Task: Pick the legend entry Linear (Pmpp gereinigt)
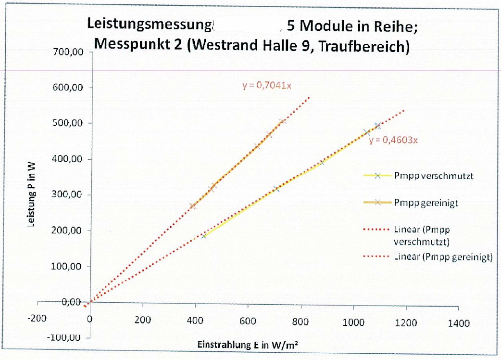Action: [x=443, y=257]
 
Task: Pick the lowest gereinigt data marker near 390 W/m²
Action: [x=193, y=206]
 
